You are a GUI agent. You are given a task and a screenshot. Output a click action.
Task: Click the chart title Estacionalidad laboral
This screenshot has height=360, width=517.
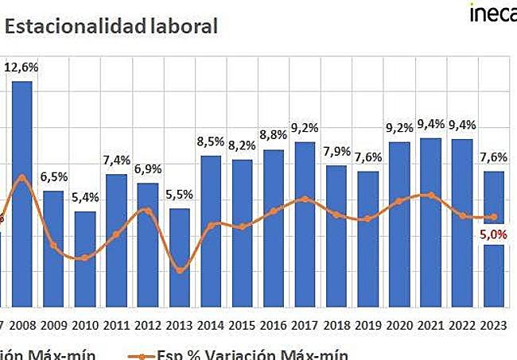click(111, 26)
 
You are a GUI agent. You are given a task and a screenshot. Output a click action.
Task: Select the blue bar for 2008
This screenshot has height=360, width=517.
click(22, 191)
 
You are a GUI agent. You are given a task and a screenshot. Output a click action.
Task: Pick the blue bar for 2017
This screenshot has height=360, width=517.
click(305, 223)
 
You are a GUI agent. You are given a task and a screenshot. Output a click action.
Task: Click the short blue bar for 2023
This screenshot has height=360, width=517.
click(493, 275)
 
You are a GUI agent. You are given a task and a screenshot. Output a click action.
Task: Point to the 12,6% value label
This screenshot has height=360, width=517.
click(21, 68)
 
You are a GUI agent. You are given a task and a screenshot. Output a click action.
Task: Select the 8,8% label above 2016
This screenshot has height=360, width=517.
click(274, 135)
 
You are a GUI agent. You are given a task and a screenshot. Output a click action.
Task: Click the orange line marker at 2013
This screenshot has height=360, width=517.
click(180, 271)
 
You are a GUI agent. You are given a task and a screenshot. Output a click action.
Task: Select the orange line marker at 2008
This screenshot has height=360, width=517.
click(22, 177)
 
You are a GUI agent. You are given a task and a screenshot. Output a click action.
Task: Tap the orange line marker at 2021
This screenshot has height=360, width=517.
click(430, 195)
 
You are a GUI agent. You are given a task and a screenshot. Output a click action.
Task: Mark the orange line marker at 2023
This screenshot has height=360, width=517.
click(493, 216)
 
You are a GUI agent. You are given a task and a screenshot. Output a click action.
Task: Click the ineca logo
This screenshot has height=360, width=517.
click(492, 14)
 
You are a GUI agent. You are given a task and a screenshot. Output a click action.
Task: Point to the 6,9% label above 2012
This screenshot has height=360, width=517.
click(148, 168)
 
